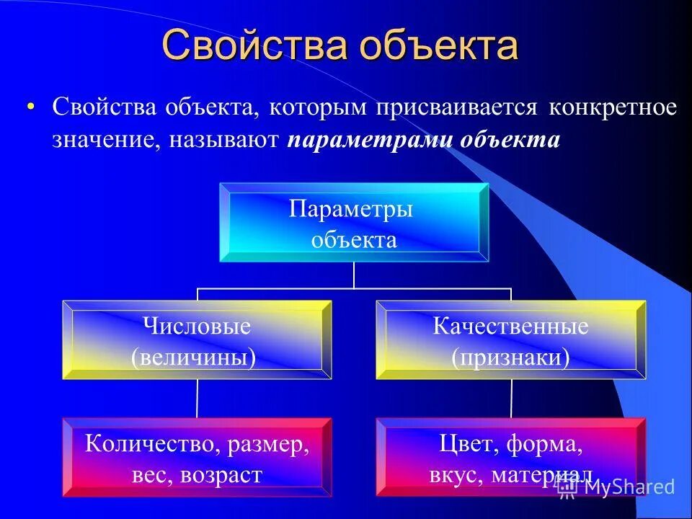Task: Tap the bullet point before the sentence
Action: pos(30,107)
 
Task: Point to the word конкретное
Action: pos(613,107)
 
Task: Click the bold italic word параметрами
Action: pos(368,139)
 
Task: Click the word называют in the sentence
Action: pos(224,139)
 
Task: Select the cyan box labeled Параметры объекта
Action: pos(353,223)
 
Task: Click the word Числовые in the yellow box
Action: pos(197,327)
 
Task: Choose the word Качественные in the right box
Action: pos(510,327)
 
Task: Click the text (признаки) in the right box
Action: pos(510,357)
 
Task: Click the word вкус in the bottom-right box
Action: pos(458,475)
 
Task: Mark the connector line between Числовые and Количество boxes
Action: pos(197,398)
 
